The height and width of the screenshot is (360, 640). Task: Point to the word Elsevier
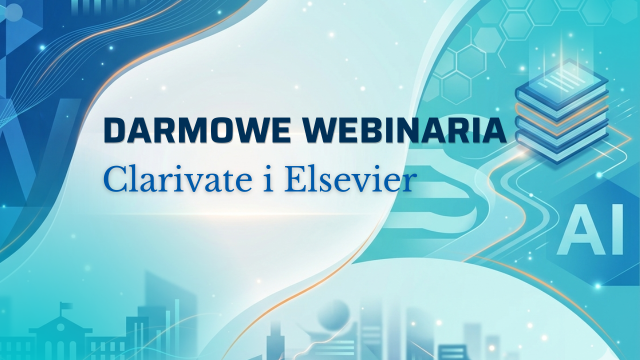pos(351,179)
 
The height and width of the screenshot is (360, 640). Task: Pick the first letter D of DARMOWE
pos(116,130)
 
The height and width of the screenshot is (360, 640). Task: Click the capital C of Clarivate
pos(116,179)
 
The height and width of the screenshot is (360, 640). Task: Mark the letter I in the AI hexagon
pos(616,229)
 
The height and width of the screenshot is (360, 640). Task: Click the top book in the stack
pos(562,85)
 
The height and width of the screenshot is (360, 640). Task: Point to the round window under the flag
pos(60,327)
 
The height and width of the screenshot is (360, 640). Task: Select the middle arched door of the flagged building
pos(60,350)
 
